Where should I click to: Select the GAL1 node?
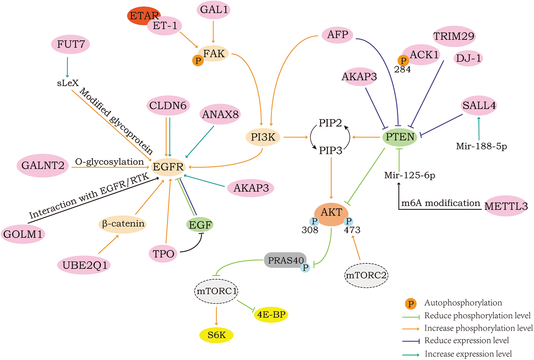click(213, 10)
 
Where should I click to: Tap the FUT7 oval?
click(71, 44)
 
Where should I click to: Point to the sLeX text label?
click(68, 83)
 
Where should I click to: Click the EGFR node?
click(168, 166)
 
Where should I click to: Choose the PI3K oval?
click(263, 137)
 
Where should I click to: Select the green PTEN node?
click(400, 137)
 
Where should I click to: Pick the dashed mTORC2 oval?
click(366, 275)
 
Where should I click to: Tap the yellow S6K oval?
click(216, 335)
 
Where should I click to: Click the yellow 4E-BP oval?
click(271, 314)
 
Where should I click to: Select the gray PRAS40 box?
click(285, 260)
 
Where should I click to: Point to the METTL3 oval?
click(506, 206)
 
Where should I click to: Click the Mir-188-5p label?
click(481, 146)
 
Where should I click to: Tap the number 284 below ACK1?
click(402, 70)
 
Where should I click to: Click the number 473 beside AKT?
click(352, 230)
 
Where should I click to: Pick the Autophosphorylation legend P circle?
click(410, 303)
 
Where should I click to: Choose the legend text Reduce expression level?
click(466, 340)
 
